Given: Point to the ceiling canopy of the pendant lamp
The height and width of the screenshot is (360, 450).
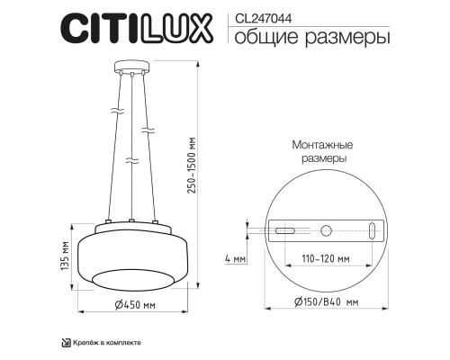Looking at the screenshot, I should click(x=131, y=65).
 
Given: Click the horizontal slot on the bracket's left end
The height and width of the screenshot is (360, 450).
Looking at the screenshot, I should click(x=284, y=232).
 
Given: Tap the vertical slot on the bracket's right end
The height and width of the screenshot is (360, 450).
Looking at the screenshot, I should click(x=372, y=231).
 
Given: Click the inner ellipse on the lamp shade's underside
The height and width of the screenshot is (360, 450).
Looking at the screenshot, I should click(x=131, y=275).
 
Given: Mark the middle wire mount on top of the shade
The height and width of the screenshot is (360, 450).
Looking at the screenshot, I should click(x=131, y=220).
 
